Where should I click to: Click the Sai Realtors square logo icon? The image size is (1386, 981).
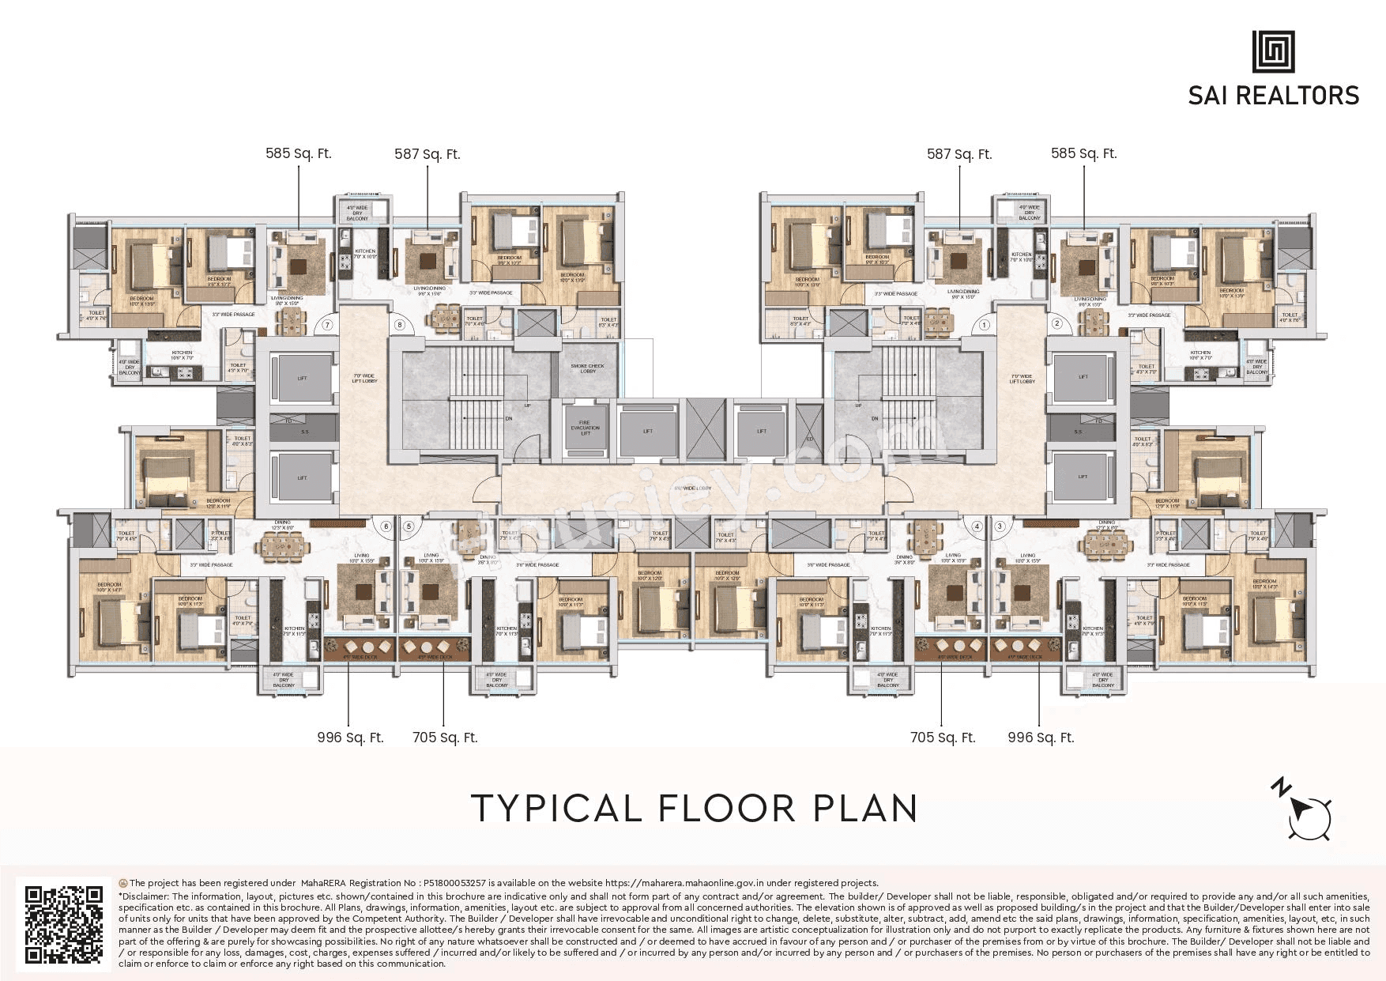coord(1273,52)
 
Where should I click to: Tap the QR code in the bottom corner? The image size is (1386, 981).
coord(64,924)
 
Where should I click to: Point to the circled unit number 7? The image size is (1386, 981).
coord(326,325)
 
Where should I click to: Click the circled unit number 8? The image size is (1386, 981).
coord(400,325)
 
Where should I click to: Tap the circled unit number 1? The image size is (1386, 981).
coord(985,325)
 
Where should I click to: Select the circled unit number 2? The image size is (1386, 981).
coord(1056,323)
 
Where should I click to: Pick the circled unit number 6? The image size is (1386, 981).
coord(386,526)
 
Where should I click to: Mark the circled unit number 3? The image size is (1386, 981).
coord(1000,526)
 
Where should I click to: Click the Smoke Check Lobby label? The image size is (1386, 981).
coord(587,368)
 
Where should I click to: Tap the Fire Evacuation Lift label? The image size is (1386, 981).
coord(586,428)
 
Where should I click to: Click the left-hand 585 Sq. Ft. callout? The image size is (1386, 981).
coord(299,153)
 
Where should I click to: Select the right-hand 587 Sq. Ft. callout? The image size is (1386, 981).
coord(959,154)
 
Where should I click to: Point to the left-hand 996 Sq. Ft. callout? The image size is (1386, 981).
coord(350,738)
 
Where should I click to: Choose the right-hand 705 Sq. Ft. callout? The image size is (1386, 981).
coord(943,738)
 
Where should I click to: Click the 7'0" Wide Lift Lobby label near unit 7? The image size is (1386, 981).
coord(364,379)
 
